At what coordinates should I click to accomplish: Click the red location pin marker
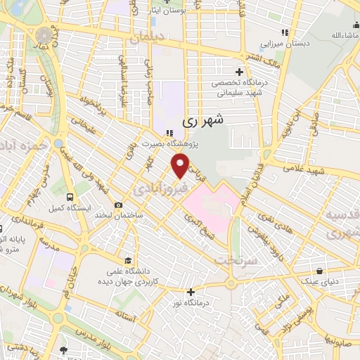coord(181,165)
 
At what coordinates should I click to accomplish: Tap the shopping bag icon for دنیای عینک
coord(319,270)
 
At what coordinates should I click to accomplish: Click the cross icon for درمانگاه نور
coord(191,291)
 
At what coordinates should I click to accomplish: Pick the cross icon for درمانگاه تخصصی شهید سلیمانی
coord(239,72)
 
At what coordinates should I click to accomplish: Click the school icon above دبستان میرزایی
coord(284,32)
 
